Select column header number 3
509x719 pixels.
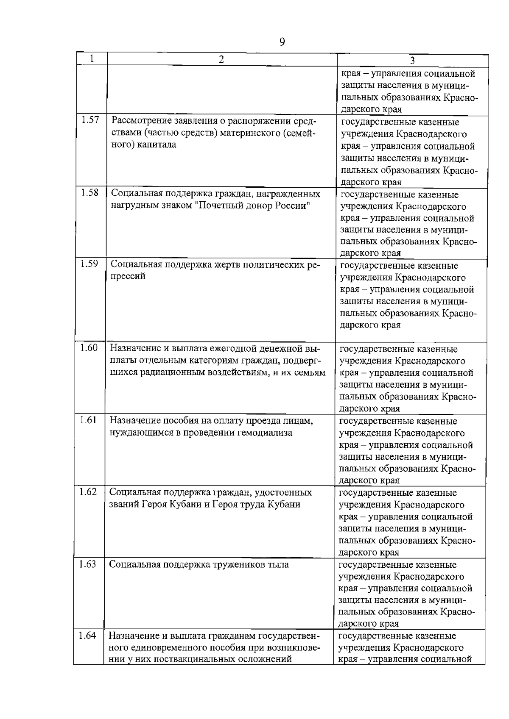(412, 60)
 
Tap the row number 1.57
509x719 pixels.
(90, 120)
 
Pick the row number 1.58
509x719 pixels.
(90, 193)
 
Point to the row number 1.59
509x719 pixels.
(89, 264)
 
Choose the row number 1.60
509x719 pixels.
(89, 348)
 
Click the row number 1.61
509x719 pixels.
(88, 420)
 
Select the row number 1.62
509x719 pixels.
(88, 492)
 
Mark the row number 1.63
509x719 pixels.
(88, 564)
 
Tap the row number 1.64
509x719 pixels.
(87, 636)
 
